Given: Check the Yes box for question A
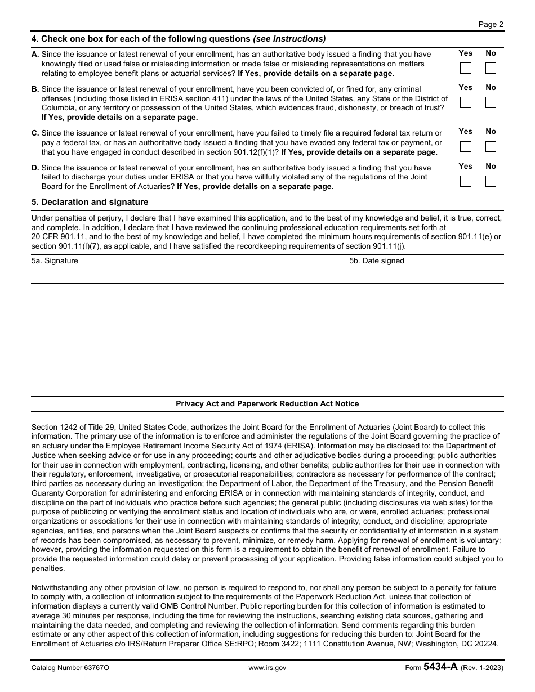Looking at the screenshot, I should pos(466,69).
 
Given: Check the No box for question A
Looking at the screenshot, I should pos(491,69).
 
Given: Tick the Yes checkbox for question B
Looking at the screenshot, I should pos(466,102).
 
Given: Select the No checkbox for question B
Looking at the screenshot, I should pos(491,102).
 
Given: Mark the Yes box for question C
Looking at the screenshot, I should pos(466,146).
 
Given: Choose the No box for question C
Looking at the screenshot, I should pos(491,146).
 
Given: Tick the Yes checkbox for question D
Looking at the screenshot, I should pos(466,181).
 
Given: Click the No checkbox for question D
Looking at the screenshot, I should pos(491,181).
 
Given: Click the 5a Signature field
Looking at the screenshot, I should pos(188,273).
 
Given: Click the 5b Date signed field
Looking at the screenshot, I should pos(425,273).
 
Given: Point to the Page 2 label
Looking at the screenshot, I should pos(491,24).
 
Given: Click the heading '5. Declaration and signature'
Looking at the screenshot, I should pos(90,202).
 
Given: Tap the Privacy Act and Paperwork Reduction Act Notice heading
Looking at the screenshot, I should pos(267,404).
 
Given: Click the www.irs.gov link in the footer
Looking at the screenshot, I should pos(267,668).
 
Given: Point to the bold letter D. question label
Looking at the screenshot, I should pos(35,168).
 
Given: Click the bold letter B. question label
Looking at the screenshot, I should pos(35,89).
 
